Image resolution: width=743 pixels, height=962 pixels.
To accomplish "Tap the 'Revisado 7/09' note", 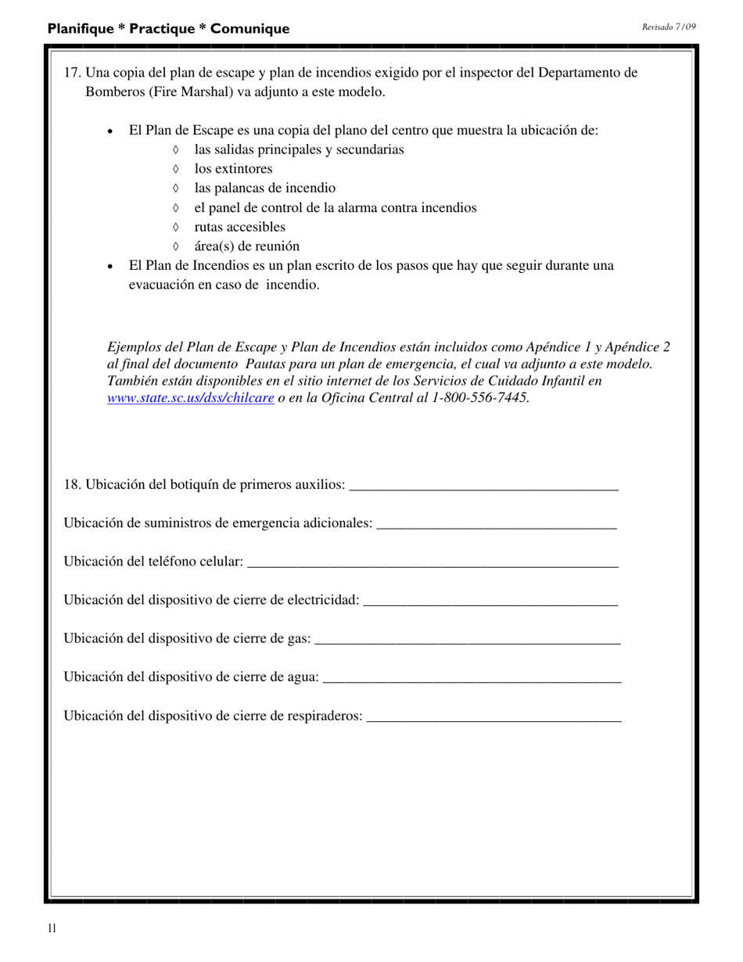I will [x=669, y=27].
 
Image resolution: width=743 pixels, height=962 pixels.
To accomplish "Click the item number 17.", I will [x=72, y=73].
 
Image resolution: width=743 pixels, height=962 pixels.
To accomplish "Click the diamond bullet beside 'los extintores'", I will [x=175, y=169].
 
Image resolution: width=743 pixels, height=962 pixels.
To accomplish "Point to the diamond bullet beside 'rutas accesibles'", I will [x=175, y=227].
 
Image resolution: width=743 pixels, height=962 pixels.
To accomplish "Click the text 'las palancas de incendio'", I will [x=264, y=188].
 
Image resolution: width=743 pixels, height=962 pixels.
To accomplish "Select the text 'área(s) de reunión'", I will [x=246, y=246].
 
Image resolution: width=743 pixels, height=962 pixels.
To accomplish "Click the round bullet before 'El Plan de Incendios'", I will [x=110, y=267].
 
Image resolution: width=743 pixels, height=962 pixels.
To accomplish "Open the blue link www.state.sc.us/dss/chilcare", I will [x=190, y=397].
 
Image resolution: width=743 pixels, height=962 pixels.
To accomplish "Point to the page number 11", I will [x=52, y=928].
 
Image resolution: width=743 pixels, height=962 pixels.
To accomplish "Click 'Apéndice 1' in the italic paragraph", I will [x=558, y=347].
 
